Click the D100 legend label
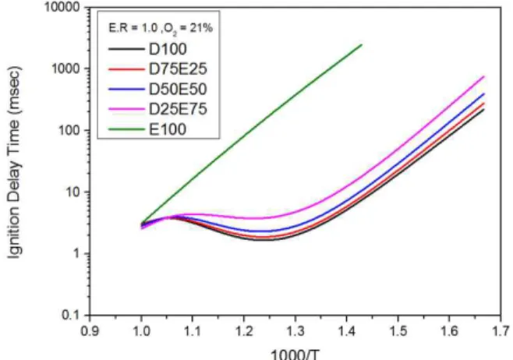(x=168, y=49)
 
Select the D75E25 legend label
(x=178, y=69)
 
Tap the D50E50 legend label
(x=178, y=89)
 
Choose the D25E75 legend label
(x=178, y=109)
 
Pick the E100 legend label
(x=168, y=129)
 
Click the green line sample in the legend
(x=126, y=129)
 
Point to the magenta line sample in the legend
(x=126, y=109)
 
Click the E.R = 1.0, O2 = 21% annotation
(x=161, y=29)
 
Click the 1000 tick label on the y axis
(x=65, y=69)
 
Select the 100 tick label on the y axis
(x=69, y=130)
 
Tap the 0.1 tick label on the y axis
(x=71, y=316)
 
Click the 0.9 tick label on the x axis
(x=90, y=330)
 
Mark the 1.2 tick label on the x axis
(x=244, y=330)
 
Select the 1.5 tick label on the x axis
(x=398, y=330)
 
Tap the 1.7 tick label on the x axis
(x=501, y=330)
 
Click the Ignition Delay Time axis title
(x=15, y=162)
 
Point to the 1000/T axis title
(x=295, y=354)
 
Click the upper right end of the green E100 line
(x=362, y=44)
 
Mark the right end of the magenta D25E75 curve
(x=484, y=76)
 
